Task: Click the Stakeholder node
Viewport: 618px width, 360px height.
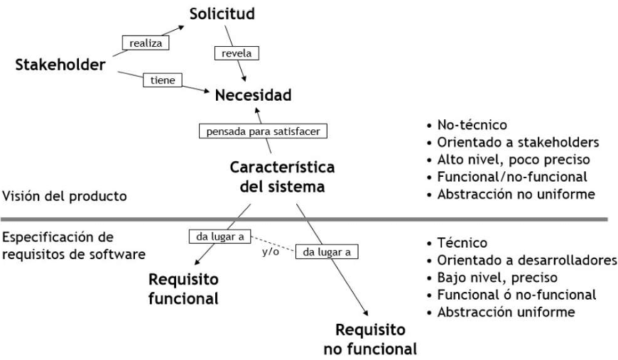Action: point(60,65)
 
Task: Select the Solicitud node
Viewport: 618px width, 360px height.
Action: point(222,13)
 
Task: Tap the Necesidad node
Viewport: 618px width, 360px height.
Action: point(253,95)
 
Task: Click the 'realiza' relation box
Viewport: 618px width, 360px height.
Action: point(146,43)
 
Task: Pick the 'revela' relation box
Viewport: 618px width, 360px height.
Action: point(237,53)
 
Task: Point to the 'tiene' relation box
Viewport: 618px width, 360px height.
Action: point(163,80)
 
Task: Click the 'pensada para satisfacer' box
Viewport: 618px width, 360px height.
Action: point(263,131)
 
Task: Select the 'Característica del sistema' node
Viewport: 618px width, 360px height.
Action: point(282,177)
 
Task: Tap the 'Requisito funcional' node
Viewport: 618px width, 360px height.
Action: point(184,289)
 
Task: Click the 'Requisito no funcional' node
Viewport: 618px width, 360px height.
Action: point(370,339)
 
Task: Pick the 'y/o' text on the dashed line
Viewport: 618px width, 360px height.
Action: point(271,251)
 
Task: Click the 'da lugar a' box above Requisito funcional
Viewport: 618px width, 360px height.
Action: point(220,236)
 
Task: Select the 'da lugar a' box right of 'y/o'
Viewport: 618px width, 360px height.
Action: point(327,251)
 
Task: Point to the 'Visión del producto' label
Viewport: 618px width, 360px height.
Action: point(65,196)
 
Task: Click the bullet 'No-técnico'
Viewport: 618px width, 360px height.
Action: point(467,125)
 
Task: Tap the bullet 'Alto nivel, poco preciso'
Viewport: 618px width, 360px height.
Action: point(509,160)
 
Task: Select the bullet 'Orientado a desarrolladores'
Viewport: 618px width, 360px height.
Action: point(522,260)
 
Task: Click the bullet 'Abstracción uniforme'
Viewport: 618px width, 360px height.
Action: point(501,312)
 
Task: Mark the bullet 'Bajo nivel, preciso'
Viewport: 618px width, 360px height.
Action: point(492,278)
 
